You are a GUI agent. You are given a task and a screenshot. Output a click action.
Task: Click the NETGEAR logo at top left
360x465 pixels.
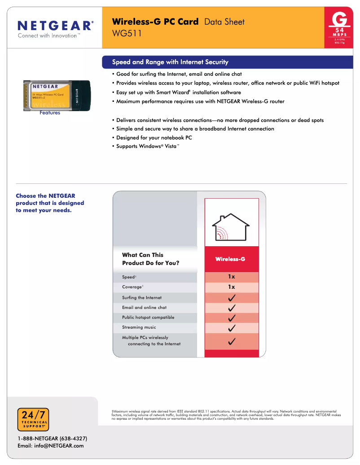(56, 25)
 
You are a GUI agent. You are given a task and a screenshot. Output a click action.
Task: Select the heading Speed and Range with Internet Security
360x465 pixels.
(170, 62)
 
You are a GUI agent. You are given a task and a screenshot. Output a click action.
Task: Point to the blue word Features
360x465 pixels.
(50, 113)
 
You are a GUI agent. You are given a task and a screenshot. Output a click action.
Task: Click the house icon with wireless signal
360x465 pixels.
(231, 227)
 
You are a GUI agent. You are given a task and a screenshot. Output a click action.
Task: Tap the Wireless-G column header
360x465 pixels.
(230, 259)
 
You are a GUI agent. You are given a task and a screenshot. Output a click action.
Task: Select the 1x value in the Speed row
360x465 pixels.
(231, 277)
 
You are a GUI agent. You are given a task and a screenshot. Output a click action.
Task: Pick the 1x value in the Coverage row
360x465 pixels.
(231, 287)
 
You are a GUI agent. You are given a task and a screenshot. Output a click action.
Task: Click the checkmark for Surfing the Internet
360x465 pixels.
(232, 298)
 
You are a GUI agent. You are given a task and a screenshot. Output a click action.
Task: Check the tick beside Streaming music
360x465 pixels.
(232, 328)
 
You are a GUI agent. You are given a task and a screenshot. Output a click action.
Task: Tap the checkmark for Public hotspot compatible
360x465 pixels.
(232, 318)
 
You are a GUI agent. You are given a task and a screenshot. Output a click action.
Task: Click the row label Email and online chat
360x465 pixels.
(144, 308)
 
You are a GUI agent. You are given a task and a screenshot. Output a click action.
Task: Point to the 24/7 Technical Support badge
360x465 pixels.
(33, 420)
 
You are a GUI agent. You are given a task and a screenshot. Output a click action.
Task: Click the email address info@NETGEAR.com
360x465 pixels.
(50, 446)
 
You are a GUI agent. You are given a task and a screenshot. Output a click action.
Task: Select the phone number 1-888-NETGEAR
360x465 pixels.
(52, 438)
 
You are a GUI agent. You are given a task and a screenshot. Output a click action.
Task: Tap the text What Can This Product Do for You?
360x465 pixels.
(150, 259)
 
